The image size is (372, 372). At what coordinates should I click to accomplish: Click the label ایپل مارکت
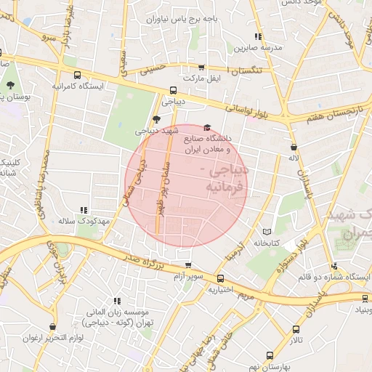(x=203, y=77)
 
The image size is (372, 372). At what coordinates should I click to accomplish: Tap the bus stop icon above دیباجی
(x=173, y=91)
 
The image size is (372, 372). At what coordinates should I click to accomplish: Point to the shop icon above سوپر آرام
(x=188, y=266)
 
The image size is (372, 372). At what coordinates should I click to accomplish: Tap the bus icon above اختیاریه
(x=220, y=278)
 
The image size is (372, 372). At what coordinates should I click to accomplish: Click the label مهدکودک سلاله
(x=83, y=220)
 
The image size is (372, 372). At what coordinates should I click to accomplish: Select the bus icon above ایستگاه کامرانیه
(x=78, y=74)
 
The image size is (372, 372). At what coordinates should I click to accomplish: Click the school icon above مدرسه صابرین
(x=257, y=36)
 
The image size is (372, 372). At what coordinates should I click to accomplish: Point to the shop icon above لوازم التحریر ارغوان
(x=52, y=327)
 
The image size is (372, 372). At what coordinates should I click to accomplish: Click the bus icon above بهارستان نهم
(x=270, y=356)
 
